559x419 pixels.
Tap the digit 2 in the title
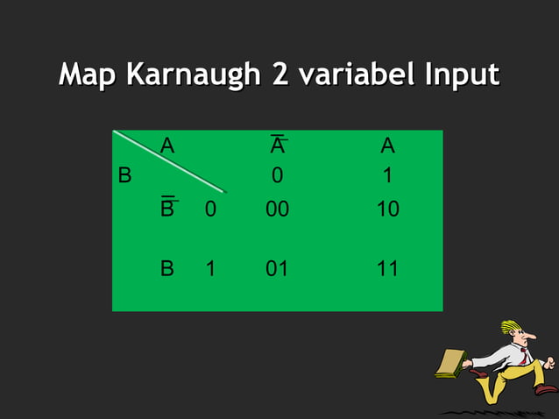[x=281, y=75]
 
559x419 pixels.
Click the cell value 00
[x=277, y=210]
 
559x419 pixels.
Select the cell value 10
[x=387, y=210]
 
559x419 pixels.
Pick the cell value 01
[x=277, y=268]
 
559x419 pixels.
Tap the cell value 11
[x=387, y=268]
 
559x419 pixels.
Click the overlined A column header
[x=278, y=146]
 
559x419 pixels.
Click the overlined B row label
[x=167, y=209]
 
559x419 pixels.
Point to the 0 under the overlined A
[x=277, y=176]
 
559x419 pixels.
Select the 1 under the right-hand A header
[x=387, y=176]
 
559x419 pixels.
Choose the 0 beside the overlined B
[x=210, y=210]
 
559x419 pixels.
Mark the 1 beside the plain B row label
[x=210, y=268]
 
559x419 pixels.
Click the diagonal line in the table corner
[x=170, y=161]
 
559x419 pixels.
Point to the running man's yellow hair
[x=511, y=326]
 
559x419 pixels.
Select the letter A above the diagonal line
[x=166, y=146]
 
